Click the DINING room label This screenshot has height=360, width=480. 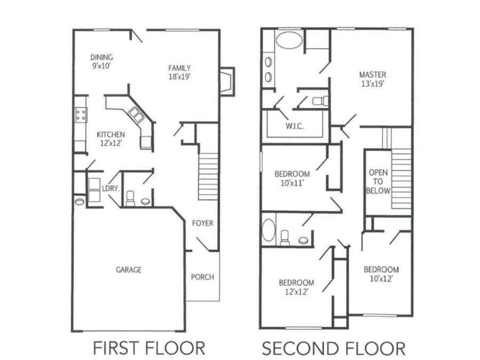point(102,61)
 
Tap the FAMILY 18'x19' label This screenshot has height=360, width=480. point(180,72)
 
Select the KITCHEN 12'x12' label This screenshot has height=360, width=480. point(111,139)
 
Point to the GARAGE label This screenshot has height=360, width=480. point(129,270)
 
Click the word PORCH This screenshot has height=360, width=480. point(202,277)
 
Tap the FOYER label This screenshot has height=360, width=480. point(203,223)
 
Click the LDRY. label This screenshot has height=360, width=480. point(110,189)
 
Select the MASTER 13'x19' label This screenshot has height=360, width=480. point(373,79)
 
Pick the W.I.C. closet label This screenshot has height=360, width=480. point(294,126)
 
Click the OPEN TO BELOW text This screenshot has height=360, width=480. point(378,181)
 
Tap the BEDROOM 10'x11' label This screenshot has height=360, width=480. point(292,179)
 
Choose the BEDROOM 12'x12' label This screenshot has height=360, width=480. point(297,287)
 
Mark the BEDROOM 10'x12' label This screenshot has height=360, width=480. point(381,274)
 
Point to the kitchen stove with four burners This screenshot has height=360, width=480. point(81,115)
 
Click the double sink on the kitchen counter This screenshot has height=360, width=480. point(136,115)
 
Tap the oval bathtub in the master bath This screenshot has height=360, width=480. point(289,40)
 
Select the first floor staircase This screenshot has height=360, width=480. point(208,177)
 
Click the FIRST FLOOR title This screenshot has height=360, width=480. point(149,348)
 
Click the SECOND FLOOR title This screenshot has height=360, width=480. point(334,348)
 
